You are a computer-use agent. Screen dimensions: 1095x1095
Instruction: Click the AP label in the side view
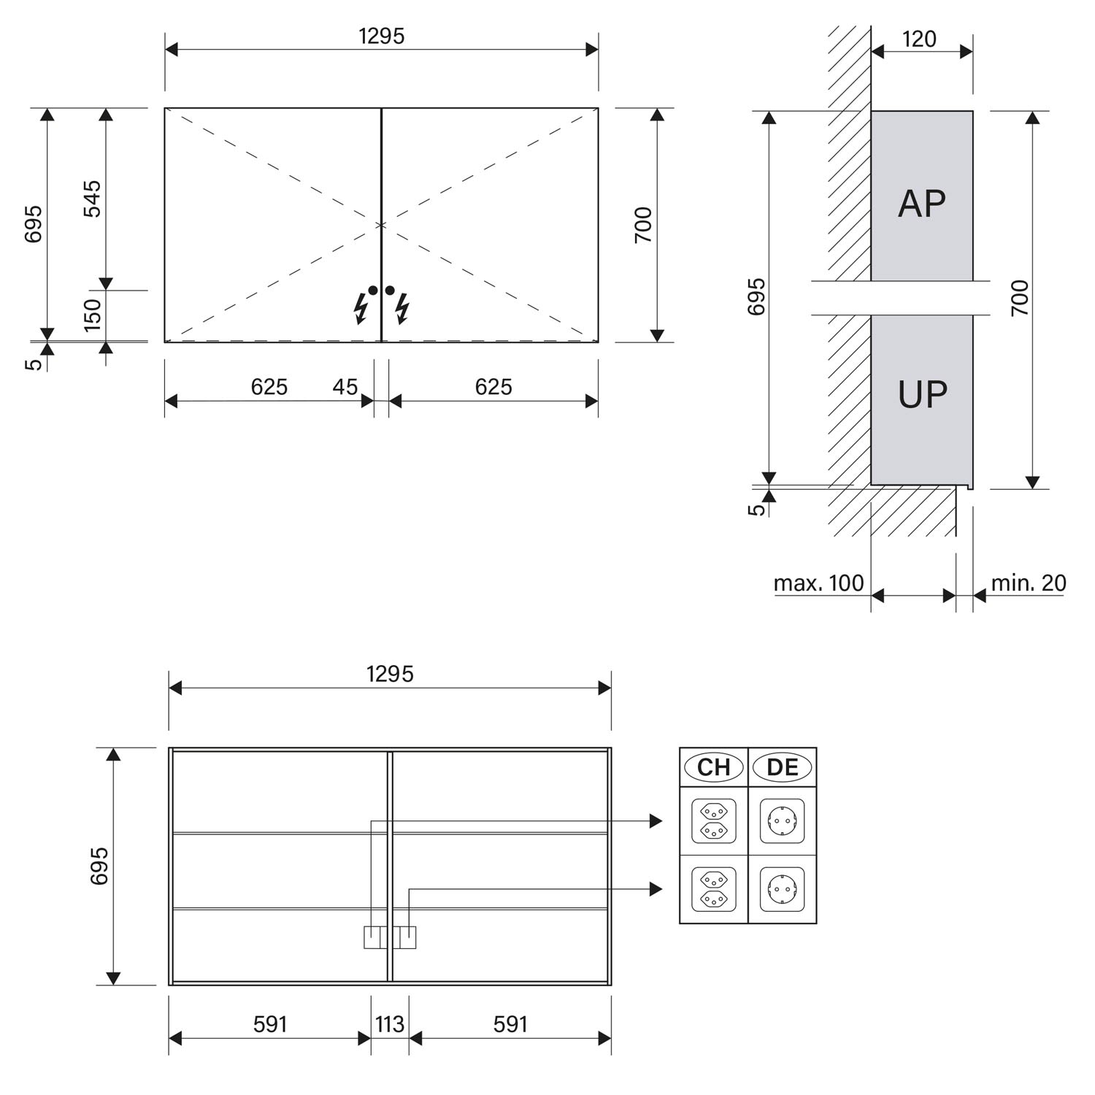[x=922, y=204]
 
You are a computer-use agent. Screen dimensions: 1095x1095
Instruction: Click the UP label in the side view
[x=923, y=394]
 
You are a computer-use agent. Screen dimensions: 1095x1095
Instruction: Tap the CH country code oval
[x=714, y=767]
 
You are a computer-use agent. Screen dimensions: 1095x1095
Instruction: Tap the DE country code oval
[x=783, y=767]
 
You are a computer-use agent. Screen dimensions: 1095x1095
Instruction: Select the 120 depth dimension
[x=919, y=39]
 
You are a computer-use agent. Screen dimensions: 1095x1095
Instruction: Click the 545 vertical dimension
[x=93, y=199]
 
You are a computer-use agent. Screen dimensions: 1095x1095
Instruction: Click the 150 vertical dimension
[x=93, y=315]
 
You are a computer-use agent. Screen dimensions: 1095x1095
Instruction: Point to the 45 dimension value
[x=345, y=386]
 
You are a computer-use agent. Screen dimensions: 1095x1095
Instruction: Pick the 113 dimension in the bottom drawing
[x=390, y=1024]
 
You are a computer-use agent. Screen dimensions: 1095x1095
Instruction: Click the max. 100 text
[x=818, y=583]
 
